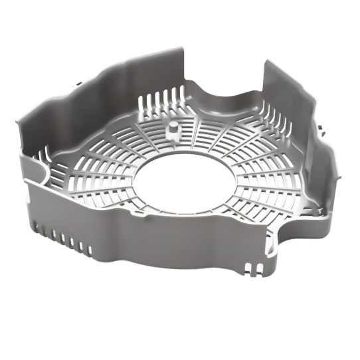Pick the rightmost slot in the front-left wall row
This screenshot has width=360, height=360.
coord(90,250)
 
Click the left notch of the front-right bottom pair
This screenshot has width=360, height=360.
coord(246,268)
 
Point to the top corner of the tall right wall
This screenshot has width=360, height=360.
coord(268,62)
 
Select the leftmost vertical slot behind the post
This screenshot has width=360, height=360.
coord(141,103)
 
